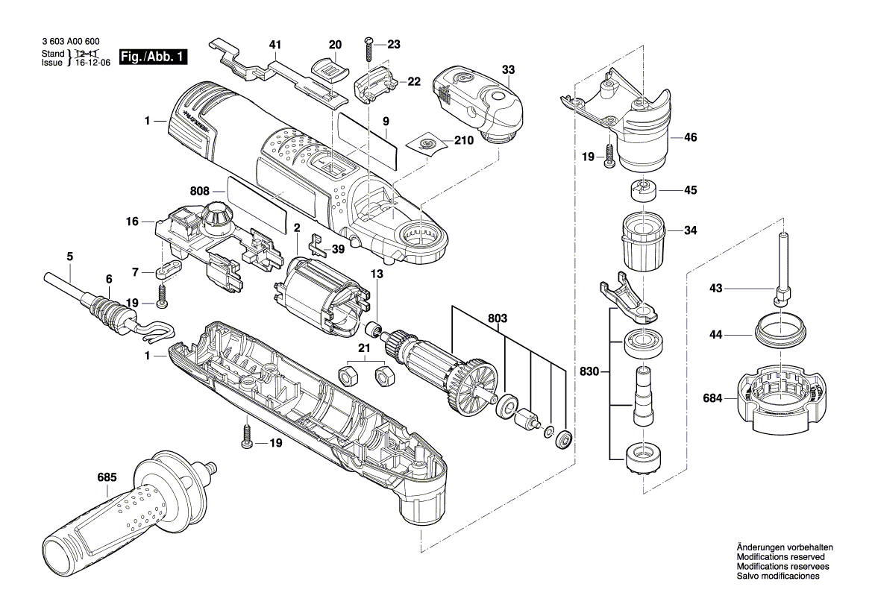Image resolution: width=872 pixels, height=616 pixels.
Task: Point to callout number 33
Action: coord(508,69)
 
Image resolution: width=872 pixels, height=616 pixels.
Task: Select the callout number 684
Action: coord(712,399)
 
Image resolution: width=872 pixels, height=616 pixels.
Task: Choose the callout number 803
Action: coord(498,318)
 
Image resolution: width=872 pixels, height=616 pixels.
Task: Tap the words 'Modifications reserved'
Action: coord(780,557)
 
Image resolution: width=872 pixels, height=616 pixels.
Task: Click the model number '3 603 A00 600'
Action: coord(69,43)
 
